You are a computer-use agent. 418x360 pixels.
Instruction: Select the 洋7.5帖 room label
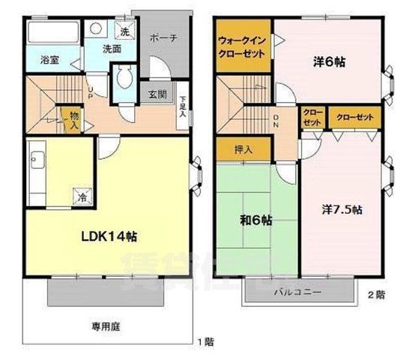pyautogui.click(x=344, y=209)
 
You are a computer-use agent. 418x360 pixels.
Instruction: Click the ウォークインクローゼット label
pyautogui.click(x=243, y=46)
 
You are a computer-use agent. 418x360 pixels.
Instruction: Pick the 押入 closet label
pyautogui.click(x=243, y=149)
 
